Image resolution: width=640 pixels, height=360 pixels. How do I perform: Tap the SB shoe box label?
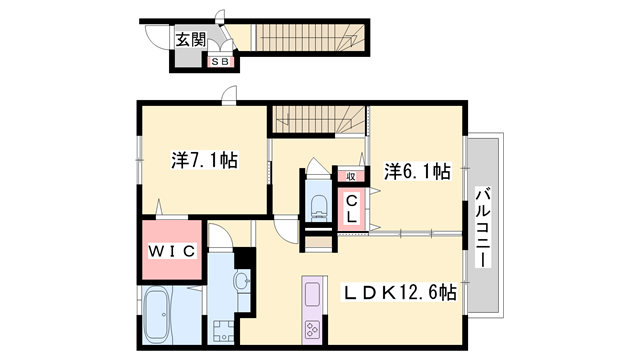(x=220, y=62)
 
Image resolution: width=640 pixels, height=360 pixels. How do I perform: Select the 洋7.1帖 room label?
(x=203, y=159)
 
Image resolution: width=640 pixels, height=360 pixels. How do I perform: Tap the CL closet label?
(x=352, y=208)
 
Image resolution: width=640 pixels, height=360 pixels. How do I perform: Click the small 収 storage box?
(x=351, y=176)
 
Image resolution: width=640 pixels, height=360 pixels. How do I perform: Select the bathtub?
(x=158, y=313)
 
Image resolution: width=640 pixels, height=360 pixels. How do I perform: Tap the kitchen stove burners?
(x=311, y=329)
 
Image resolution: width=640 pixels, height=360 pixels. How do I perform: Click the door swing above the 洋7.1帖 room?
(x=230, y=96)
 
